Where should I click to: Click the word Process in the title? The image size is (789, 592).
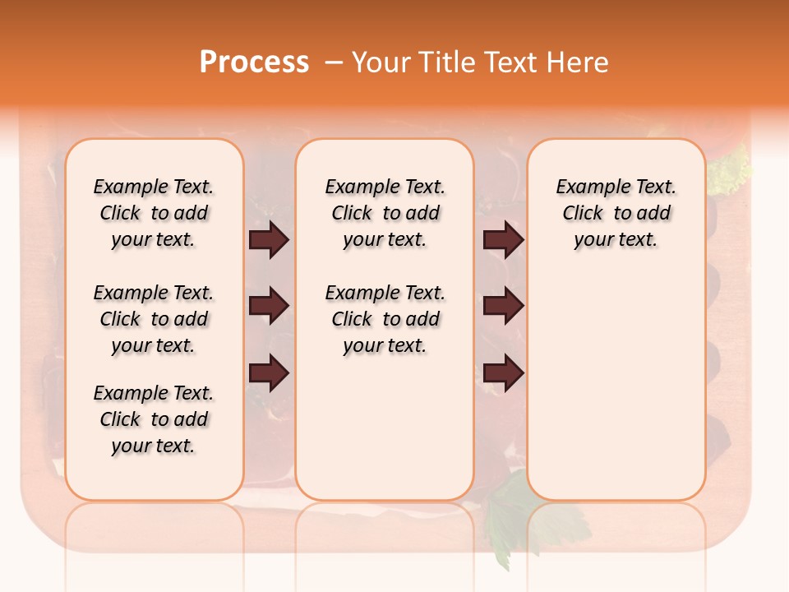pyautogui.click(x=254, y=62)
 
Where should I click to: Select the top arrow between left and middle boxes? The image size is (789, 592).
pyautogui.click(x=269, y=239)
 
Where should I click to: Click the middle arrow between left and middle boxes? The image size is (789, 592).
pyautogui.click(x=269, y=306)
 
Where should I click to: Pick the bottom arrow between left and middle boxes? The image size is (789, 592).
pyautogui.click(x=269, y=373)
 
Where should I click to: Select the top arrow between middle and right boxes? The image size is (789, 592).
pyautogui.click(x=503, y=239)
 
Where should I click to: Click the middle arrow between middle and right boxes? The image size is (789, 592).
pyautogui.click(x=503, y=306)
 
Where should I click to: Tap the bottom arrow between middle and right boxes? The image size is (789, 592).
pyautogui.click(x=503, y=373)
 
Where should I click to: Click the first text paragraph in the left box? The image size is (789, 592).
pyautogui.click(x=154, y=213)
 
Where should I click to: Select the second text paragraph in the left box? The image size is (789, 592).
pyautogui.click(x=154, y=319)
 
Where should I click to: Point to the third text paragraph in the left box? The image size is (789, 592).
pyautogui.click(x=154, y=419)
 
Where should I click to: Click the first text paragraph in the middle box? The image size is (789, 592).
pyautogui.click(x=385, y=213)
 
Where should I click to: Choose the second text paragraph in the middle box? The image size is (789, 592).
pyautogui.click(x=385, y=319)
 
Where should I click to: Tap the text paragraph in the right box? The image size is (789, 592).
pyautogui.click(x=616, y=213)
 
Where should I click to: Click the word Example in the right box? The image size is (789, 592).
pyautogui.click(x=585, y=187)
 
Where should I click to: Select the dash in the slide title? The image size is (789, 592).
pyautogui.click(x=334, y=62)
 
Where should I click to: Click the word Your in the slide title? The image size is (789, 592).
pyautogui.click(x=381, y=62)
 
